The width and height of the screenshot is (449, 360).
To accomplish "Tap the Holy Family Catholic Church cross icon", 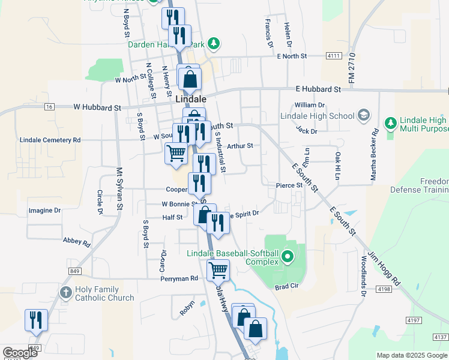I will click(x=66, y=293).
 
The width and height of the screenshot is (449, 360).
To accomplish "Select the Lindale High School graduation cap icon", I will click(x=363, y=115).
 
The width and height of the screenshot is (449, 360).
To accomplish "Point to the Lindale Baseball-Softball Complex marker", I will click(x=287, y=257).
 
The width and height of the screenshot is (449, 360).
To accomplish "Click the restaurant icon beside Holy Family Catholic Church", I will click(x=36, y=320).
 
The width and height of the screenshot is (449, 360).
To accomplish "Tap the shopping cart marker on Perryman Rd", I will click(x=218, y=270).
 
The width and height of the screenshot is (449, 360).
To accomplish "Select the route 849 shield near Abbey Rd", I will click(x=74, y=271).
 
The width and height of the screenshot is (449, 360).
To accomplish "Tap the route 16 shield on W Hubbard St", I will click(x=49, y=106).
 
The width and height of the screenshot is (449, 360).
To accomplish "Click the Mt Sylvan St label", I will click(x=119, y=188).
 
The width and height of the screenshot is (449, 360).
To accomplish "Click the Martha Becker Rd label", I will click(x=375, y=155).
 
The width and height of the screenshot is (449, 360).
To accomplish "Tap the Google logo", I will click(x=20, y=353).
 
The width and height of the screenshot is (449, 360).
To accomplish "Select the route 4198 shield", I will click(x=384, y=289).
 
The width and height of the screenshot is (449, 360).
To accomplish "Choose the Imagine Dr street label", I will click(x=45, y=211).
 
